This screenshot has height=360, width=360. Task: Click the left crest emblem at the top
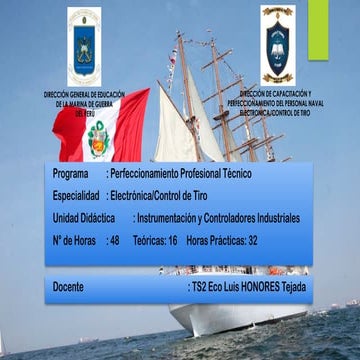83,45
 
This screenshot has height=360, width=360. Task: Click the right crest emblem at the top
276,43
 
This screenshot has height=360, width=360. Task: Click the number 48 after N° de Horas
114,241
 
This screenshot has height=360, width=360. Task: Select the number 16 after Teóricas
172,241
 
